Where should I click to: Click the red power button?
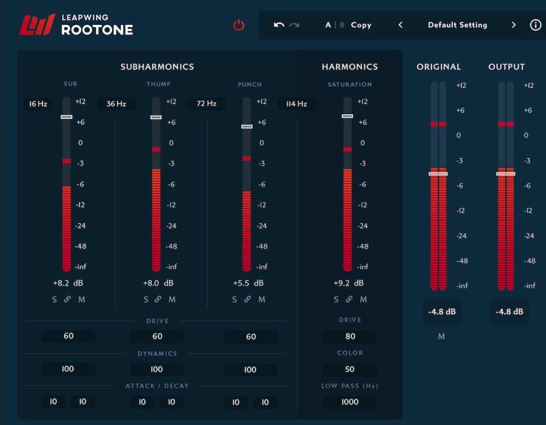pyautogui.click(x=239, y=25)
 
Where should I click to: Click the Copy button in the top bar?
pyautogui.click(x=361, y=25)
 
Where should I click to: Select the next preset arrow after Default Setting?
pyautogui.click(x=514, y=25)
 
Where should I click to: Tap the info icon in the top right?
pyautogui.click(x=535, y=25)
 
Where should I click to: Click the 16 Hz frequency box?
pyautogui.click(x=38, y=104)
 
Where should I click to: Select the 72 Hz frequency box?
pyautogui.click(x=207, y=104)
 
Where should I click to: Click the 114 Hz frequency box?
pyautogui.click(x=296, y=104)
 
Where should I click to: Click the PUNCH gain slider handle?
pyautogui.click(x=247, y=126)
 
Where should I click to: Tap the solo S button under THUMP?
pyautogui.click(x=146, y=299)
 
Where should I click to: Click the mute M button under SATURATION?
pyautogui.click(x=363, y=299)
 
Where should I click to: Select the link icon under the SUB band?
pyautogui.click(x=67, y=299)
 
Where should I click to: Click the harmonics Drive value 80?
pyautogui.click(x=350, y=336)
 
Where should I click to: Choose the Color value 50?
pyautogui.click(x=350, y=370)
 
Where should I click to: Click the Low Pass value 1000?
pyautogui.click(x=350, y=402)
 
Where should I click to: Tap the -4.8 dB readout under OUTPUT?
pyautogui.click(x=509, y=311)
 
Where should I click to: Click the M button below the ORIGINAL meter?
pyautogui.click(x=441, y=336)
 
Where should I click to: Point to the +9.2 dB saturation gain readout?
pyautogui.click(x=348, y=283)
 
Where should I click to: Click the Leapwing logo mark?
pyautogui.click(x=37, y=25)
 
